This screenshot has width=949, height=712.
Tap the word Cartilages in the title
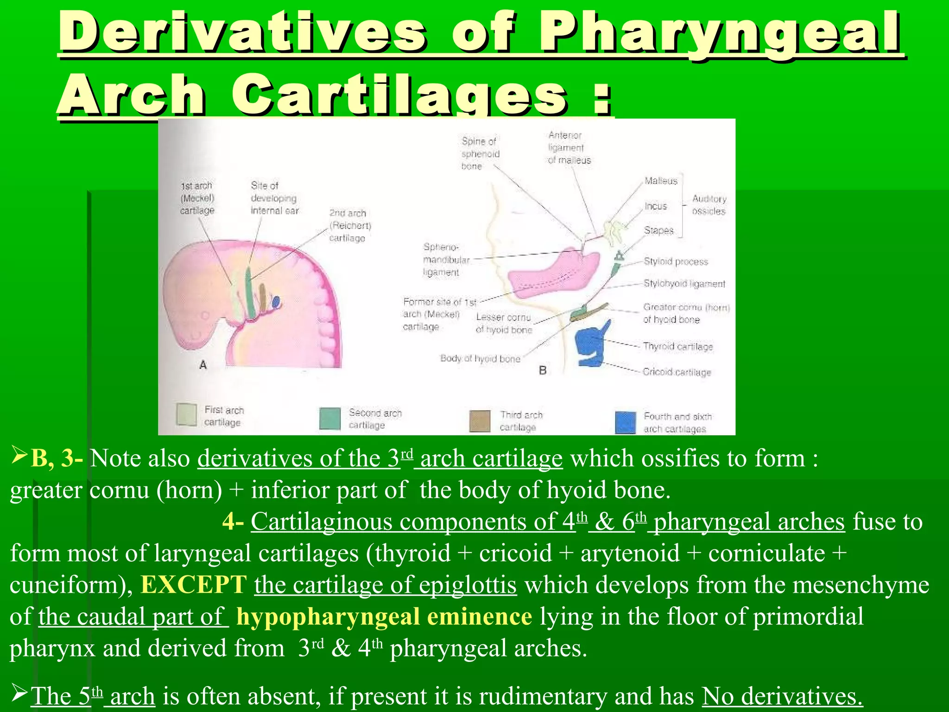pos(399,95)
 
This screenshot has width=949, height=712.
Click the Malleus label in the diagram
pos(661,181)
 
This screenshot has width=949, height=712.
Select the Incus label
pos(656,206)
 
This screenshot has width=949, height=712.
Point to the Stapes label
pos(658,230)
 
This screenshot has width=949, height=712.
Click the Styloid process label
pos(676,262)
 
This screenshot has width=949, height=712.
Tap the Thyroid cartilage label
pos(677,346)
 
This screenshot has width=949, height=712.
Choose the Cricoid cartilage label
pos(677,372)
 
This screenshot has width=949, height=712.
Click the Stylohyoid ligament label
pos(684,284)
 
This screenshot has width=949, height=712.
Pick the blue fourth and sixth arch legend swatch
pos(625,422)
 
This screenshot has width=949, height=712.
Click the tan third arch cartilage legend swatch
pos(480,421)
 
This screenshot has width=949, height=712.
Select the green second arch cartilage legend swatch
pos(330,419)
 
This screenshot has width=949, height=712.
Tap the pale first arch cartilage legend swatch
pos(187,414)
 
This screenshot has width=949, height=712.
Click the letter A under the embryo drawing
pos(203,365)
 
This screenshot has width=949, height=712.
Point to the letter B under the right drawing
pos(543,370)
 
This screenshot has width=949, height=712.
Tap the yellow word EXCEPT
pos(193,585)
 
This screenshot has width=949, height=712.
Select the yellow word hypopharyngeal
pos(327,617)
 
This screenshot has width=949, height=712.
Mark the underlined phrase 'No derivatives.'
pos(782,696)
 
